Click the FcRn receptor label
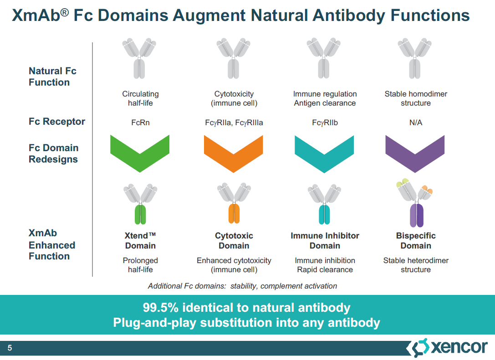pos(140,122)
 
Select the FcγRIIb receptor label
pos(325,122)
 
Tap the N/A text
pos(416,122)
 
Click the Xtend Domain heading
pos(140,240)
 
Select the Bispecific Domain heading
pos(416,240)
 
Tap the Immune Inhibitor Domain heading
pos(325,240)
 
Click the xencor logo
pos(447,348)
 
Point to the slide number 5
pos(10,348)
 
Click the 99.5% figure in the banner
pos(161,308)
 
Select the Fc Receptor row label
pos(57,122)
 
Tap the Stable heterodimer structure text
pos(416,265)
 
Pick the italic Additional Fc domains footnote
pos(242,286)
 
